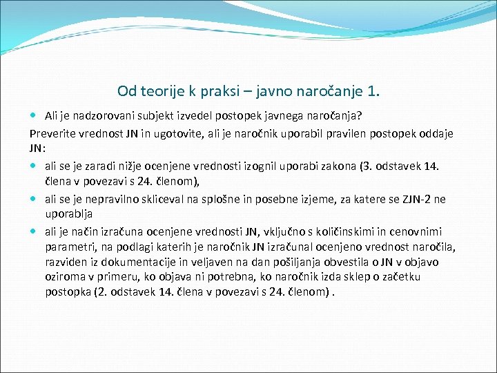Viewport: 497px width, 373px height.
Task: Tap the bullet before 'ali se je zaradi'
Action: click(35, 167)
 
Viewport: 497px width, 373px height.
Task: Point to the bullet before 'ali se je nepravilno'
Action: click(35, 200)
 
